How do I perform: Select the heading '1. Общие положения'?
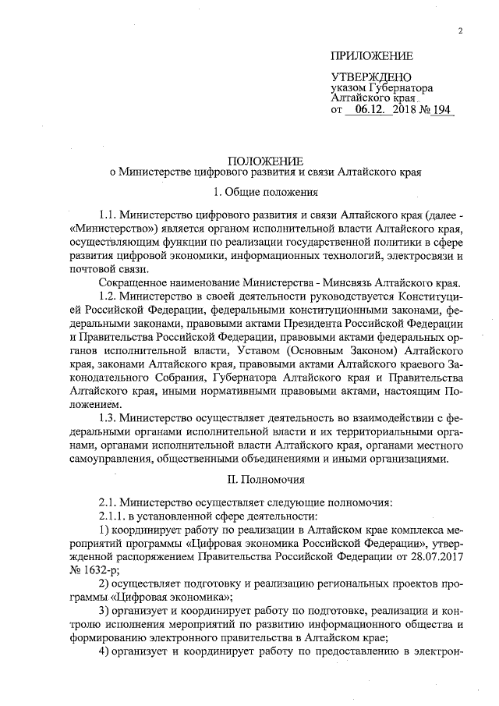point(265,192)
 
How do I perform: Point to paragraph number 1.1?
point(109,215)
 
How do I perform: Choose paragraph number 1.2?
point(109,300)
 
